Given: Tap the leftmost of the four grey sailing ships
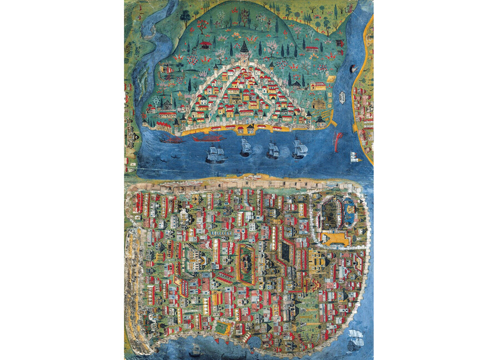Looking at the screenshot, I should (216, 154).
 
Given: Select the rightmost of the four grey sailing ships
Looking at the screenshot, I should (299, 148).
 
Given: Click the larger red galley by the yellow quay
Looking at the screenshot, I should (207, 137).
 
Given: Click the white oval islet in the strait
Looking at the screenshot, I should (341, 98).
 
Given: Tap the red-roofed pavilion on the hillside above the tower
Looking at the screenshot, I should (205, 44).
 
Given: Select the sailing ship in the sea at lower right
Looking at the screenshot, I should (355, 339).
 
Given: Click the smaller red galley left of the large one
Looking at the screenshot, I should (172, 140).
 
